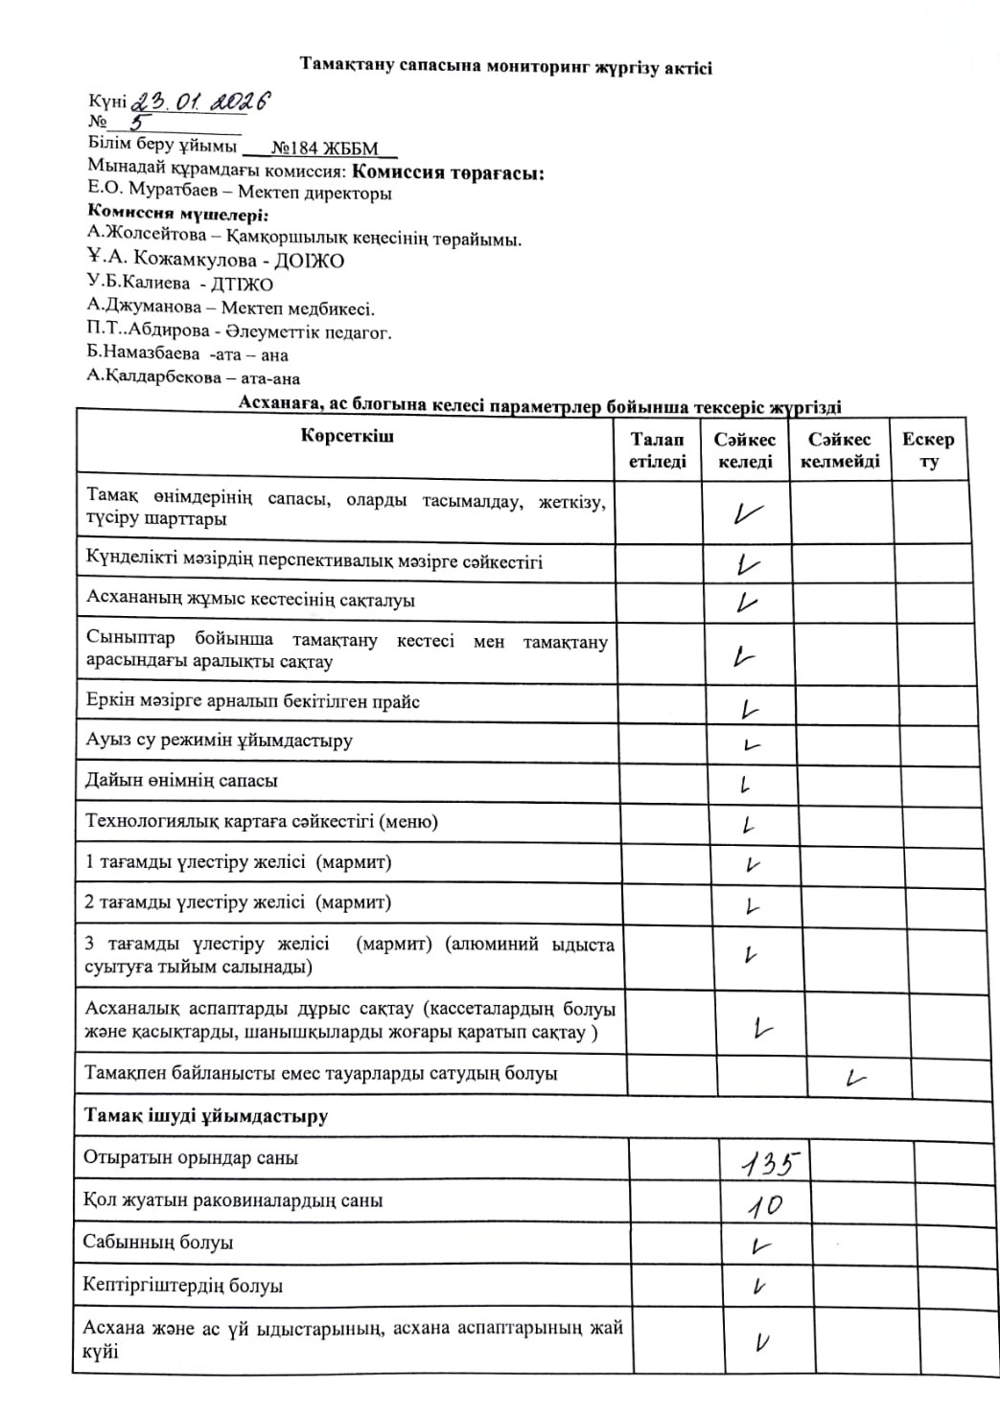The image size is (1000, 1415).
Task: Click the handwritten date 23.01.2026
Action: click(199, 101)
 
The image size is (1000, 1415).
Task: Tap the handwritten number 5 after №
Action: click(140, 123)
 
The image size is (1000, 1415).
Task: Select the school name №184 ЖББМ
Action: click(325, 148)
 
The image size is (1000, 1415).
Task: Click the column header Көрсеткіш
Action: click(346, 437)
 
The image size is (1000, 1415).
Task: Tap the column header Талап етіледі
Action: click(658, 450)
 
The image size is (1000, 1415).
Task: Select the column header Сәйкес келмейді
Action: click(840, 450)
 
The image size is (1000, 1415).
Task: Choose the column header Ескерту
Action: click(928, 450)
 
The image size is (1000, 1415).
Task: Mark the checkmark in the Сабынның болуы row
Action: click(761, 1246)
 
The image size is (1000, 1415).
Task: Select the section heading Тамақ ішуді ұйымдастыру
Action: click(206, 1116)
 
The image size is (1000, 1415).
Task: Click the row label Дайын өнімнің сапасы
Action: click(181, 781)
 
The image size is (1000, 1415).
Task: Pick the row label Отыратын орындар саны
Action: click(191, 1157)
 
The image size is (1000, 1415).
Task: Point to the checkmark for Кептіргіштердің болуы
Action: click(759, 1288)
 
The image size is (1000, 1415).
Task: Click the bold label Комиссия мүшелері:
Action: click(177, 215)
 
